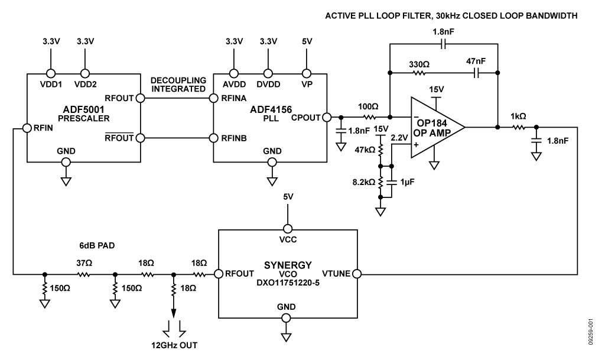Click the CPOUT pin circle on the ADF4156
pyautogui.click(x=326, y=117)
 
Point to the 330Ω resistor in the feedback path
pyautogui.click(x=419, y=73)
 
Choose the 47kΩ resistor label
pyautogui.click(x=366, y=150)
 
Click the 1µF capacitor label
pyautogui.click(x=406, y=183)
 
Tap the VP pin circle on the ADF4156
pyautogui.click(x=306, y=74)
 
